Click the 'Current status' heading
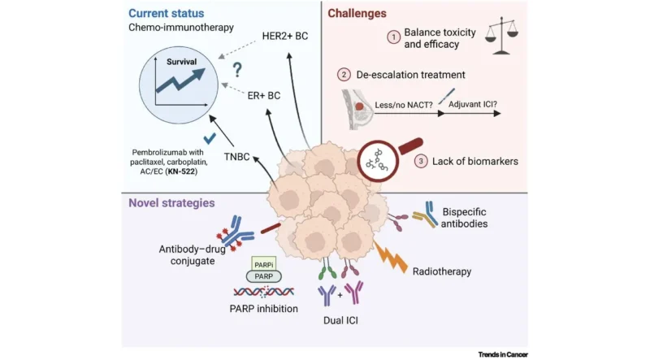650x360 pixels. (167, 13)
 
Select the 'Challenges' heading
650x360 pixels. (357, 13)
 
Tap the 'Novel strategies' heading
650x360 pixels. (171, 203)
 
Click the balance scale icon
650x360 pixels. (501, 36)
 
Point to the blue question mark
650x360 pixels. (237, 70)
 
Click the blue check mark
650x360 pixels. (210, 138)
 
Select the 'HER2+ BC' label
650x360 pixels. (285, 36)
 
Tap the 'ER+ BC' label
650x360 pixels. (264, 96)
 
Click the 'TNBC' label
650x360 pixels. (236, 157)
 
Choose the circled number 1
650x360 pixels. (394, 37)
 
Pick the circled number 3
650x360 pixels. (421, 162)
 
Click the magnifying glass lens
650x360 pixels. (378, 162)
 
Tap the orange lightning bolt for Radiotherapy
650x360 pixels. (390, 257)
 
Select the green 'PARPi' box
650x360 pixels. (263, 264)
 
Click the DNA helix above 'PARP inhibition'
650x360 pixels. (263, 292)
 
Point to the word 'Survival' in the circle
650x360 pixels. (181, 62)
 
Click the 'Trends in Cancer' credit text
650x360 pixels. (503, 354)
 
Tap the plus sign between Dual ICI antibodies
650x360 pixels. (340, 295)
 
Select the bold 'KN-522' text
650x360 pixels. (181, 171)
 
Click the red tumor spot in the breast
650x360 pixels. (359, 106)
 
